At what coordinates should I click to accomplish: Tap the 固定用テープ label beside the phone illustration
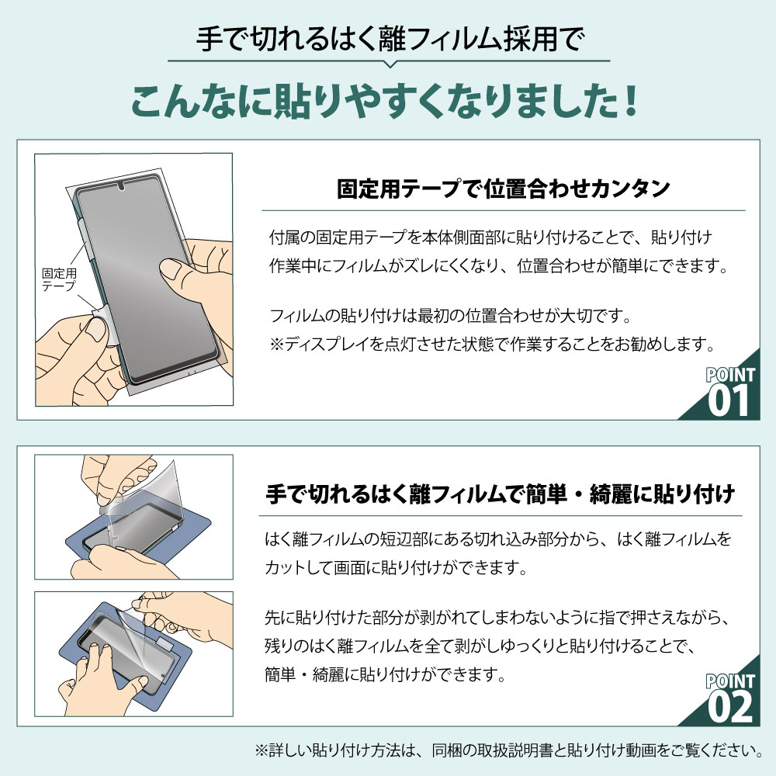click(59, 279)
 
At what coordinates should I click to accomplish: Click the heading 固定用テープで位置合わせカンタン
click(504, 189)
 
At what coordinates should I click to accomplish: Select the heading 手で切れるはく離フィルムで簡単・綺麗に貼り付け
click(501, 494)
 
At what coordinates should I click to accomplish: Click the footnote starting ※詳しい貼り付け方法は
click(508, 750)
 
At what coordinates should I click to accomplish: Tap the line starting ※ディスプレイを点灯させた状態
click(491, 342)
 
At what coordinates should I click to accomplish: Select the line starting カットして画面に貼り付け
click(396, 568)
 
